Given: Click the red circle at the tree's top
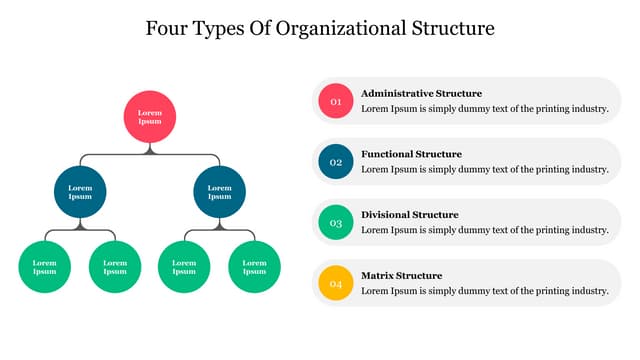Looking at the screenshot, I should click(150, 116).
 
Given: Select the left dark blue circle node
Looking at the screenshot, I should click(80, 191).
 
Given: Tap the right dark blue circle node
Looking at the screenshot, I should click(219, 191).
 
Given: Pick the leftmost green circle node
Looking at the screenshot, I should click(45, 267).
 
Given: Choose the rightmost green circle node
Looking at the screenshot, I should click(254, 267).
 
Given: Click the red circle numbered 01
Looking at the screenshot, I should click(336, 101).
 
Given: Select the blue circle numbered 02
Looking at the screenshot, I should click(336, 162).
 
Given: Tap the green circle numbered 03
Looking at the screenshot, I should click(336, 222).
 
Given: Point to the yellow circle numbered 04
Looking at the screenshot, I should click(336, 283).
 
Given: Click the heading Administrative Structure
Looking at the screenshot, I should click(421, 93).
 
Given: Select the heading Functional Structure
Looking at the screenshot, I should click(411, 154).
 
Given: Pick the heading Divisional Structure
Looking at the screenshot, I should click(410, 214).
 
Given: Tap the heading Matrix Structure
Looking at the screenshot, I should click(401, 275).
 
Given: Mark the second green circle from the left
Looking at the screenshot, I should click(115, 267).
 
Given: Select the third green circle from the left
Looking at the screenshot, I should click(184, 267).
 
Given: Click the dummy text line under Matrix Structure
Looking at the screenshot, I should click(484, 290).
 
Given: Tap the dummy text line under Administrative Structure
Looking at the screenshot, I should click(484, 108).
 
